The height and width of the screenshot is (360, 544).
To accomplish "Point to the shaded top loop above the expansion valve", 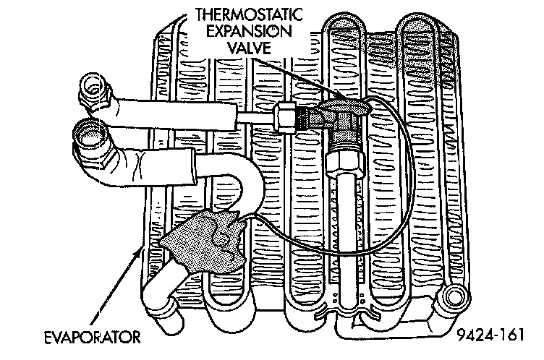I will (345, 33).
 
